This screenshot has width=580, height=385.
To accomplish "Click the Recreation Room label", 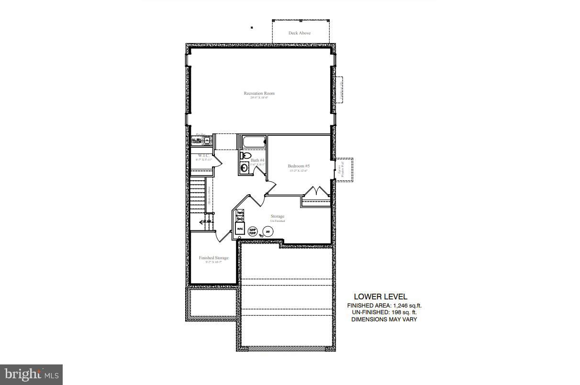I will point(259,93).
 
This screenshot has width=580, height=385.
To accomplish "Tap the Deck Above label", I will point(299,33).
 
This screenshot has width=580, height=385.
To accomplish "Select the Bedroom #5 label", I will point(299,166).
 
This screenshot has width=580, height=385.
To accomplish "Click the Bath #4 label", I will point(257,160).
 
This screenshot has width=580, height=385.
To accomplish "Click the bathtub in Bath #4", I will point(254,142).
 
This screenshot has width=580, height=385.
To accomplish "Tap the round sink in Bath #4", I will point(244,167).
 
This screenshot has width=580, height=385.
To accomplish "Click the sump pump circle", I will point(253,231).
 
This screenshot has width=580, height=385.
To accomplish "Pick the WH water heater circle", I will point(268,231).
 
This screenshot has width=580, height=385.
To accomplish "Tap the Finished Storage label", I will point(213,258).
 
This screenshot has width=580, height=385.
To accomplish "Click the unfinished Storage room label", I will point(278,217).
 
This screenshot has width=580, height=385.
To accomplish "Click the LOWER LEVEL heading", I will point(380,297).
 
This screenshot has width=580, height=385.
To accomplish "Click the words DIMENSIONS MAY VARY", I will point(384,319).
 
